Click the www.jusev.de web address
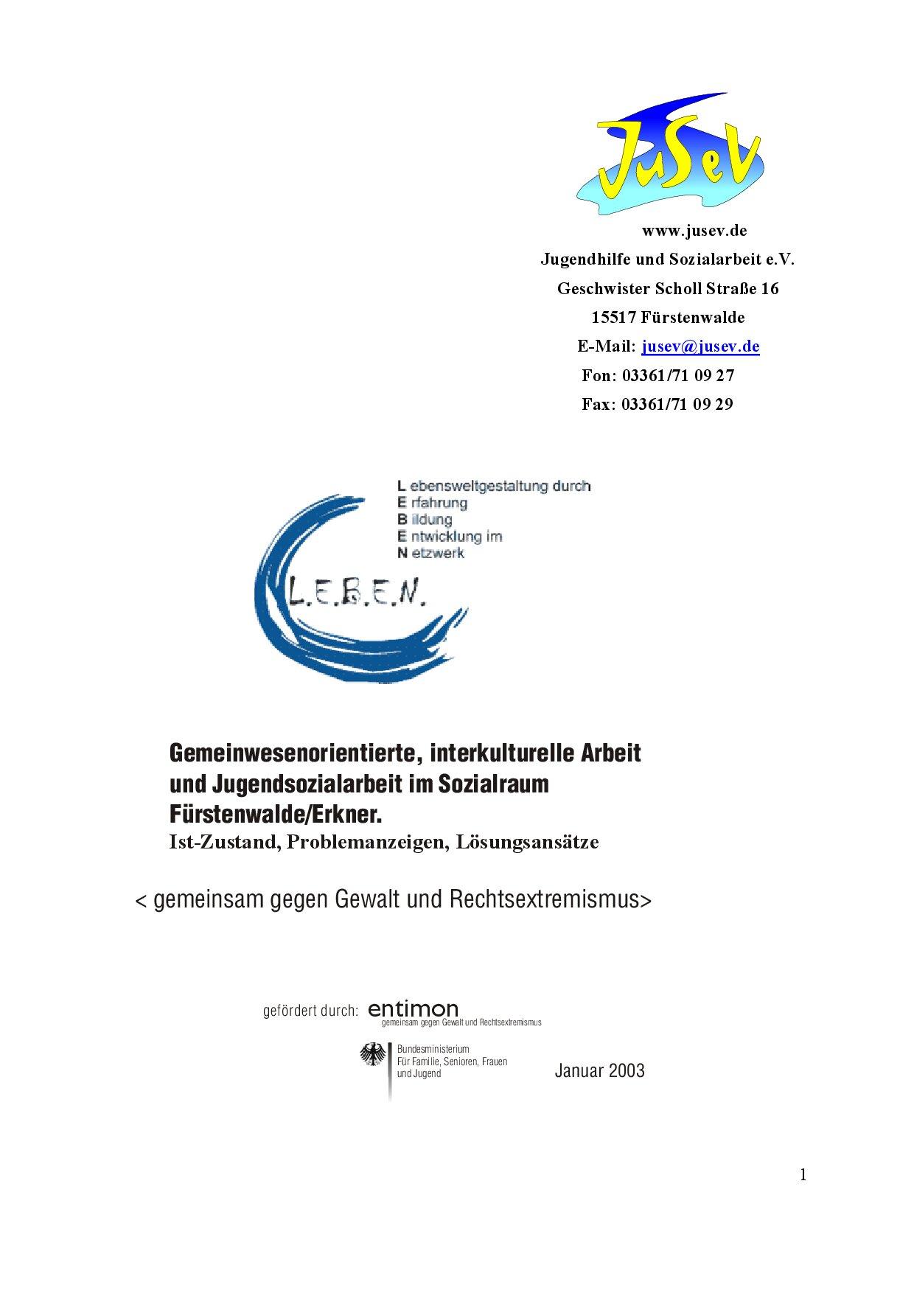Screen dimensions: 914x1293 [694, 231]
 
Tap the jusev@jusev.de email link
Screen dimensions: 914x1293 [701, 346]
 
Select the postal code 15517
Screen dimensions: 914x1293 [614, 318]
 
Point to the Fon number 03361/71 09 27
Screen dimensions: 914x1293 [678, 375]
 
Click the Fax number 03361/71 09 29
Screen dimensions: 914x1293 [677, 404]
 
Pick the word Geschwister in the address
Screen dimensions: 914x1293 [599, 288]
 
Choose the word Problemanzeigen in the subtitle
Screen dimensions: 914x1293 [368, 842]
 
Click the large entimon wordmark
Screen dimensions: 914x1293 [414, 1008]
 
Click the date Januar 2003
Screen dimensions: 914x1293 [599, 1070]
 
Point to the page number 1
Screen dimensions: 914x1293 [803, 1175]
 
